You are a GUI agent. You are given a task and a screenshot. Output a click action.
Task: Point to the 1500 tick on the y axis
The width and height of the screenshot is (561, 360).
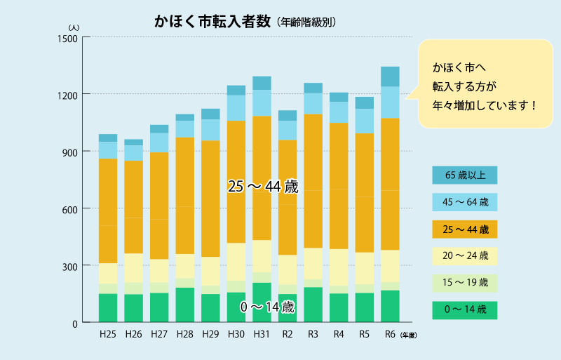pyautogui.click(x=68, y=37)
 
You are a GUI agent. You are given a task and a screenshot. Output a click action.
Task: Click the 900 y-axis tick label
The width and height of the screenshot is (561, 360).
pyautogui.click(x=71, y=152)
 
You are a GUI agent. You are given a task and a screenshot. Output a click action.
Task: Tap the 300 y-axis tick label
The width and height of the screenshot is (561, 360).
pyautogui.click(x=71, y=266)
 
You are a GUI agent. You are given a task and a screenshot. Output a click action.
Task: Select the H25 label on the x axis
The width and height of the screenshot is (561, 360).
pyautogui.click(x=107, y=334)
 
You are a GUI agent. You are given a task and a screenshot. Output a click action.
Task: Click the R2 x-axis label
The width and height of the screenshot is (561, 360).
pyautogui.click(x=288, y=334)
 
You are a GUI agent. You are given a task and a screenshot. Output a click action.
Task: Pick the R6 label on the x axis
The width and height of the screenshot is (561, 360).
pyautogui.click(x=390, y=334)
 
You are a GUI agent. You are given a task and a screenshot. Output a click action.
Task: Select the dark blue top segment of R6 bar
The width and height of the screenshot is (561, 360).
pyautogui.click(x=390, y=76)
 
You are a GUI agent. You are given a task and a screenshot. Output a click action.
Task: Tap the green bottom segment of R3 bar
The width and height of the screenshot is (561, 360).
pyautogui.click(x=313, y=305)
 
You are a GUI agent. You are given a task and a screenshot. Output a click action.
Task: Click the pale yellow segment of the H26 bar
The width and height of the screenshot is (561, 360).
pyautogui.click(x=133, y=268)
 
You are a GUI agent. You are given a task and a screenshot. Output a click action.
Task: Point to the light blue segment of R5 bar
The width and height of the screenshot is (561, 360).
pyautogui.click(x=364, y=121)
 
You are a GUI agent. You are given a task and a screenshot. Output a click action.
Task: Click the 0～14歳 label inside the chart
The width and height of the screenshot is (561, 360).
pyautogui.click(x=266, y=307)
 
